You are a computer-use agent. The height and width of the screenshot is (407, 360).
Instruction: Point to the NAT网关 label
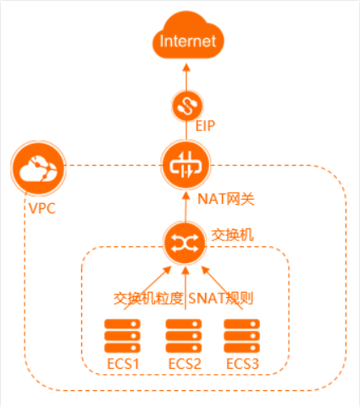(x=225, y=200)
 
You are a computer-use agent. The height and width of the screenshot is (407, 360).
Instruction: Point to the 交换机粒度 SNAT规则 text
(x=184, y=298)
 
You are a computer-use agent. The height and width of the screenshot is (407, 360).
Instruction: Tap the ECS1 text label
(x=123, y=364)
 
